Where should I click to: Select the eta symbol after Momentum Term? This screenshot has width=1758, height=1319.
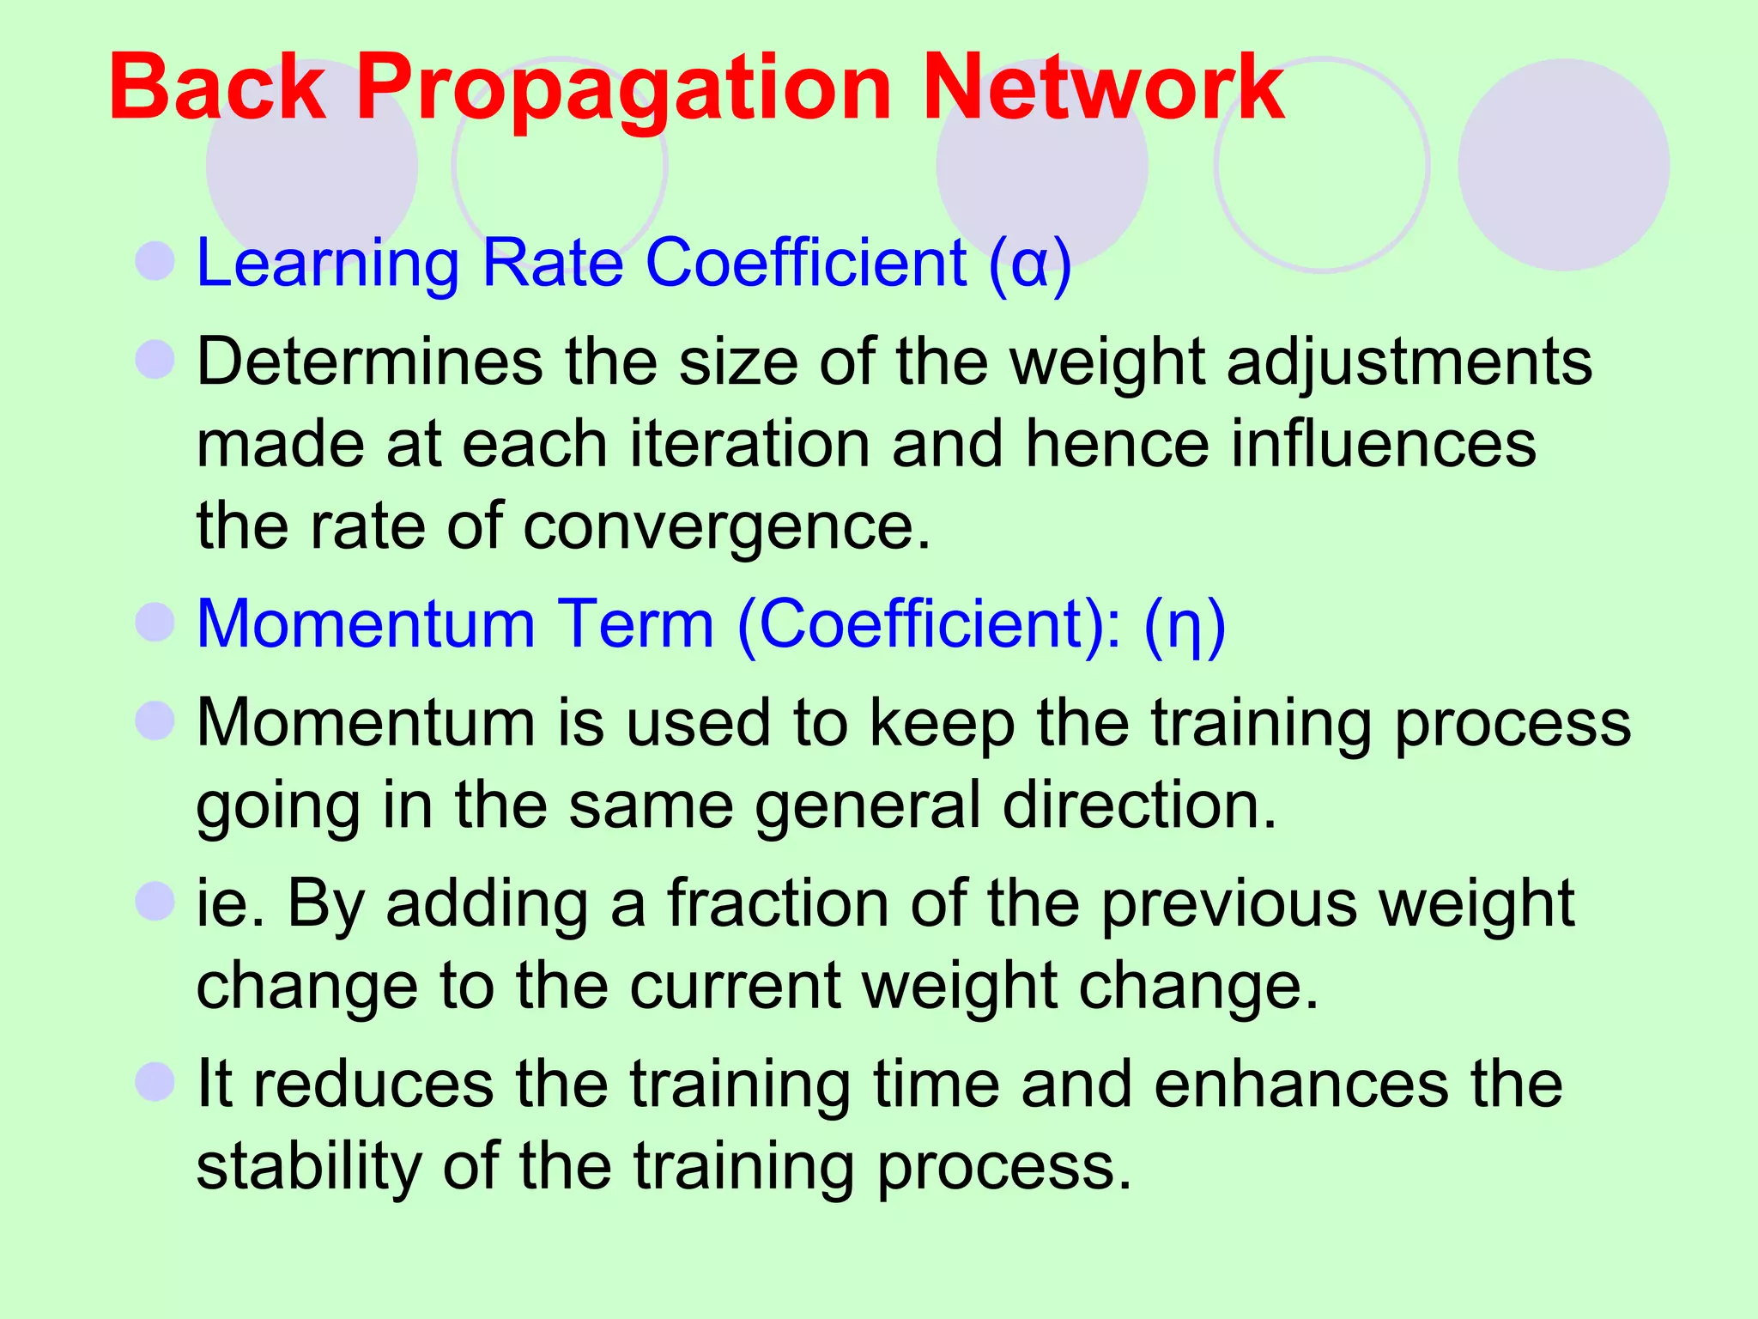[x=1185, y=626]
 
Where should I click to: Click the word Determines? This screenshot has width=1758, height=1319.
[x=370, y=362]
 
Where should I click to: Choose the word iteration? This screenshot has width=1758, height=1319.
[x=749, y=444]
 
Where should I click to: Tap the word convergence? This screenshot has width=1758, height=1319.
[x=726, y=526]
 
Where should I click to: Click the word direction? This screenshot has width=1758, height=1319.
[x=1140, y=805]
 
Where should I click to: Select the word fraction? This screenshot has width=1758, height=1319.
[x=779, y=903]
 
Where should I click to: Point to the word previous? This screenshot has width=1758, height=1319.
[x=1228, y=905]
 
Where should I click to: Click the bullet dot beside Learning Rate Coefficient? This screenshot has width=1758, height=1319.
[x=155, y=260]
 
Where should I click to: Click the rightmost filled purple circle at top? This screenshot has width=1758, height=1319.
[x=1563, y=165]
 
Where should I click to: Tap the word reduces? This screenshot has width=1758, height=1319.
[x=374, y=1084]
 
